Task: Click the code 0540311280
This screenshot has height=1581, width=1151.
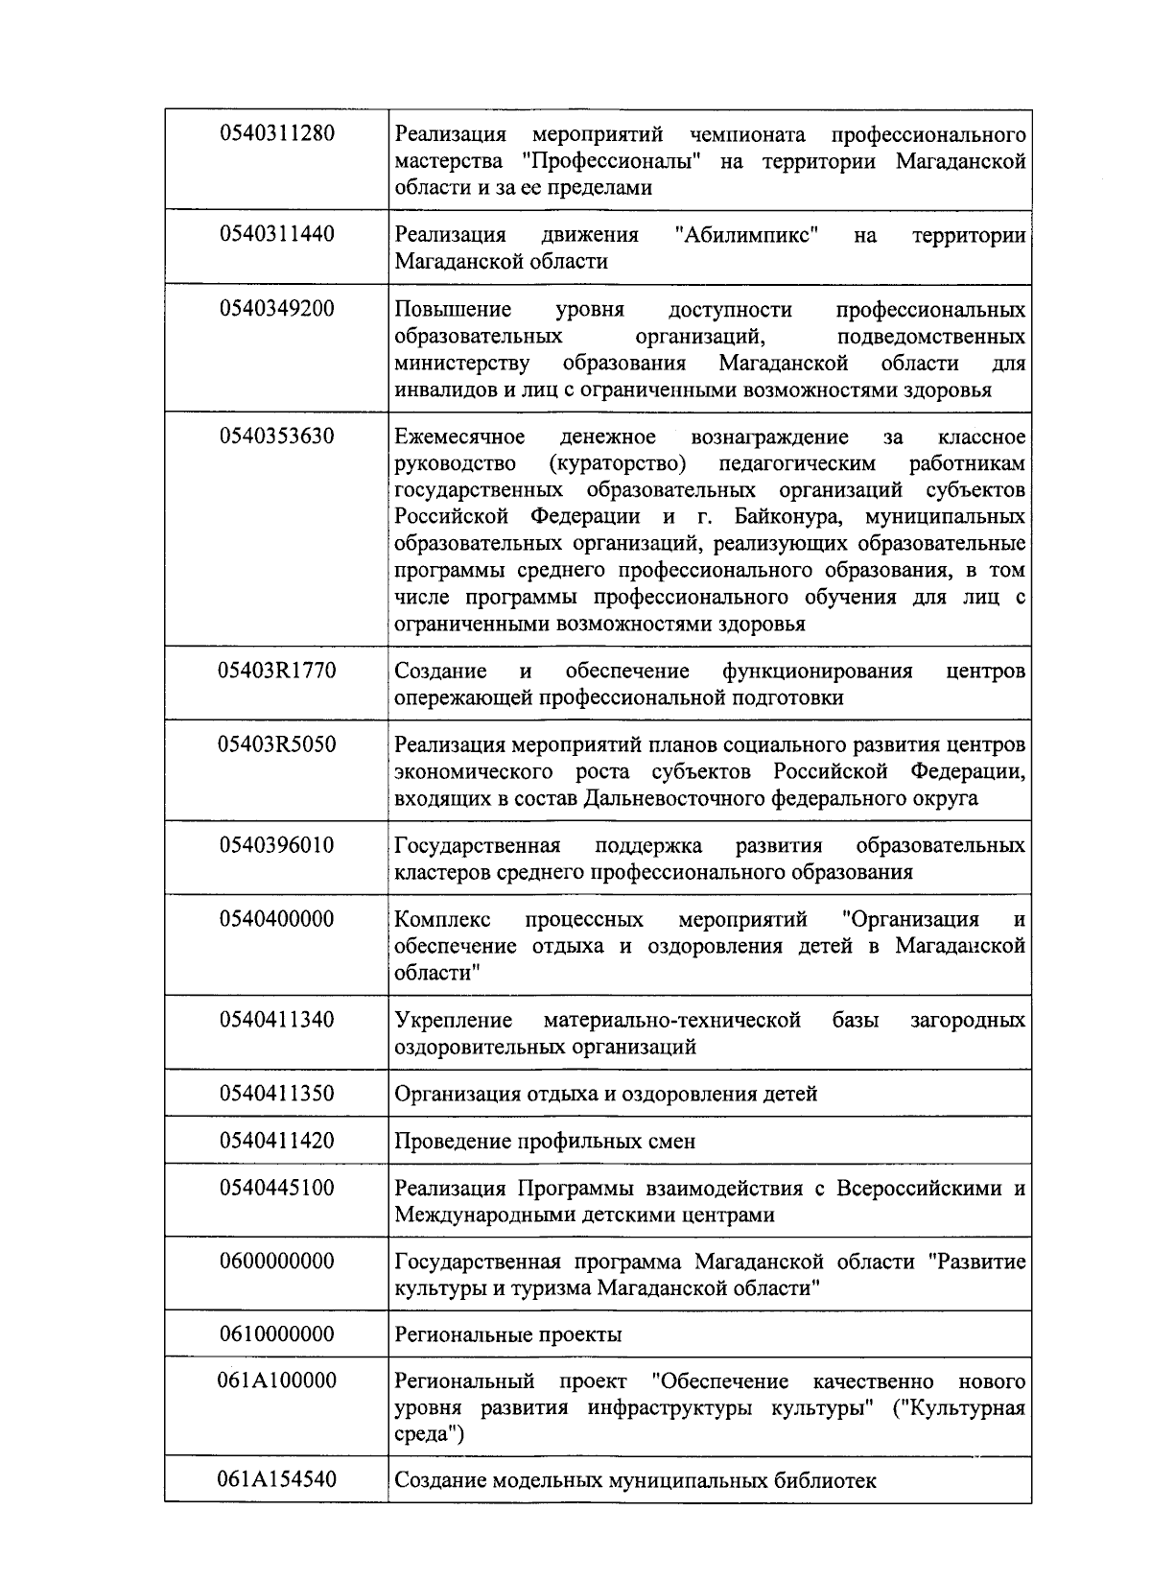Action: tap(277, 132)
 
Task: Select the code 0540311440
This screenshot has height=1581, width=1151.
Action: tap(277, 233)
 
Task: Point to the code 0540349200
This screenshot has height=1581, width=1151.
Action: tap(277, 308)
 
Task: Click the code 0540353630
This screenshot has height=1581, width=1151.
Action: tap(277, 437)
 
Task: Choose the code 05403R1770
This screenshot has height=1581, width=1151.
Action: tap(277, 670)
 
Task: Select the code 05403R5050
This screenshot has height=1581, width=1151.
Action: tap(277, 744)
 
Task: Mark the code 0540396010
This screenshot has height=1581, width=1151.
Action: tap(277, 845)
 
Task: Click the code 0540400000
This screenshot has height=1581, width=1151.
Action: tap(277, 919)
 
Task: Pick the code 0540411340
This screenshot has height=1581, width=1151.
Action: tap(277, 1019)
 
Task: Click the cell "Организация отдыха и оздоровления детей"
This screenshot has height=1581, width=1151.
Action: tap(606, 1094)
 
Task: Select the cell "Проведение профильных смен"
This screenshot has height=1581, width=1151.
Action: tap(545, 1142)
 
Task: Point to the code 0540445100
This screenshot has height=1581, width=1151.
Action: tap(277, 1188)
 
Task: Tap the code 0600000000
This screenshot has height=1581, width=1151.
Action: tap(277, 1261)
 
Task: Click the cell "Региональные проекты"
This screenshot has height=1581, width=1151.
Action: tap(508, 1334)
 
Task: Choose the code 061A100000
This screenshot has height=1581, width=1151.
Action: tap(277, 1380)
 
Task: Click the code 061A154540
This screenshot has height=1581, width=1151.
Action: tap(277, 1479)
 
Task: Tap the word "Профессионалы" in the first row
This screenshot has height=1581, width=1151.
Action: tap(615, 160)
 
